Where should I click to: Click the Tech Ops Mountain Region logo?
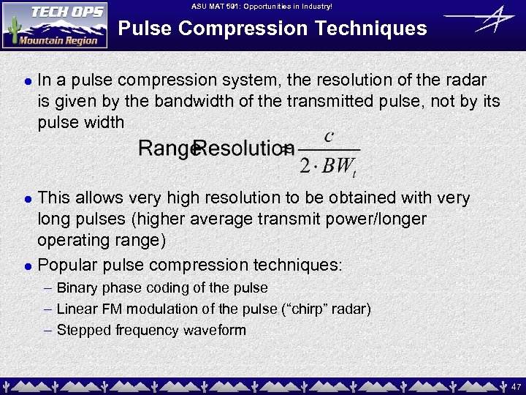(55, 25)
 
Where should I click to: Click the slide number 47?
(516, 385)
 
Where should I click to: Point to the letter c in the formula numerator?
(329, 137)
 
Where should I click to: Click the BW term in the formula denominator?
(337, 165)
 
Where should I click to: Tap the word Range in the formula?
(165, 148)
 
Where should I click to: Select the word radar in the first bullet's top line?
(468, 80)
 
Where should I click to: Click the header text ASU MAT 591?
(216, 6)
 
